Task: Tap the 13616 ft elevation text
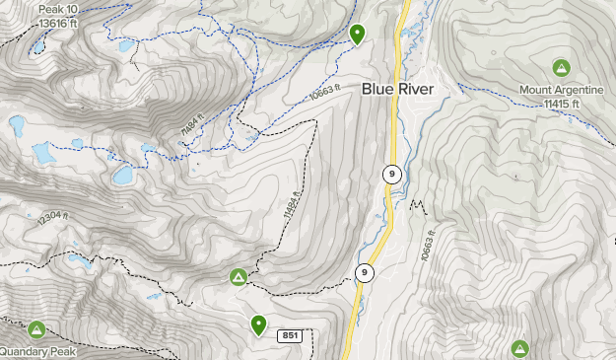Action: coord(57,23)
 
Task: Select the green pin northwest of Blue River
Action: coord(357,34)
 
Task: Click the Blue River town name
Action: coord(398,89)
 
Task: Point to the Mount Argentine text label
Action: coord(561,88)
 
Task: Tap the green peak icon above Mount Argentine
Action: coord(561,68)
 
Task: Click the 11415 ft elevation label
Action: coord(560,103)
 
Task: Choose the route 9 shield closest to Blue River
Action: coord(392,175)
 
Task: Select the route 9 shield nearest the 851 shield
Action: coord(365,272)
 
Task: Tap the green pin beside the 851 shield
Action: coord(259,324)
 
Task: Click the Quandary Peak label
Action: coord(36,351)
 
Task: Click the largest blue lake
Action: coord(122,176)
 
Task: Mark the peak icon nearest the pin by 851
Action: coord(239,278)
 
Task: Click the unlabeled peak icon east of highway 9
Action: coord(519,347)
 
